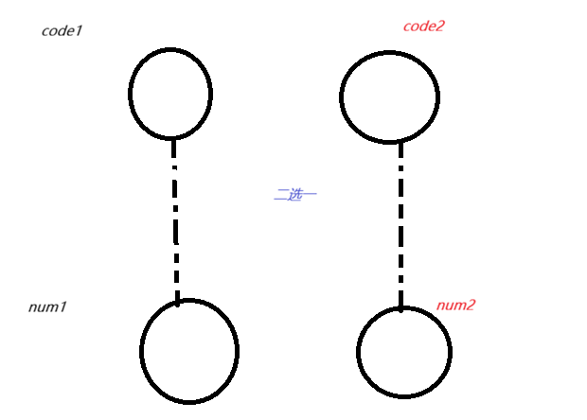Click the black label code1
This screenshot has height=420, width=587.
pyautogui.click(x=62, y=30)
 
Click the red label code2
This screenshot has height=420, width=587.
pyautogui.click(x=423, y=26)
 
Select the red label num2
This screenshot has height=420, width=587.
pyautogui.click(x=455, y=305)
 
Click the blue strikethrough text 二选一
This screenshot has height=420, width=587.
pyautogui.click(x=294, y=194)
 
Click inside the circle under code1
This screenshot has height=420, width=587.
pyautogui.click(x=170, y=94)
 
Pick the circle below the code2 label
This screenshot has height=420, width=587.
pyautogui.click(x=389, y=96)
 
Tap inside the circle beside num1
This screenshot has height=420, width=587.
pyautogui.click(x=189, y=350)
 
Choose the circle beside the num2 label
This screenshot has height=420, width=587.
pyautogui.click(x=404, y=352)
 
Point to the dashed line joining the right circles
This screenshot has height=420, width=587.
pyautogui.click(x=400, y=224)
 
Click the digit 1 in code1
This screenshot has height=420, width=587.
pyautogui.click(x=80, y=30)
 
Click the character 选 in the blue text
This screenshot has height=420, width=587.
pyautogui.click(x=294, y=194)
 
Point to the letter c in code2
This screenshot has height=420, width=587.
pyautogui.click(x=408, y=26)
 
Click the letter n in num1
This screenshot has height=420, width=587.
pyautogui.click(x=33, y=307)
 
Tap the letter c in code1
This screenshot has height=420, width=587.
pyautogui.click(x=45, y=31)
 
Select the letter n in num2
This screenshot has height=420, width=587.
pyautogui.click(x=441, y=306)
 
